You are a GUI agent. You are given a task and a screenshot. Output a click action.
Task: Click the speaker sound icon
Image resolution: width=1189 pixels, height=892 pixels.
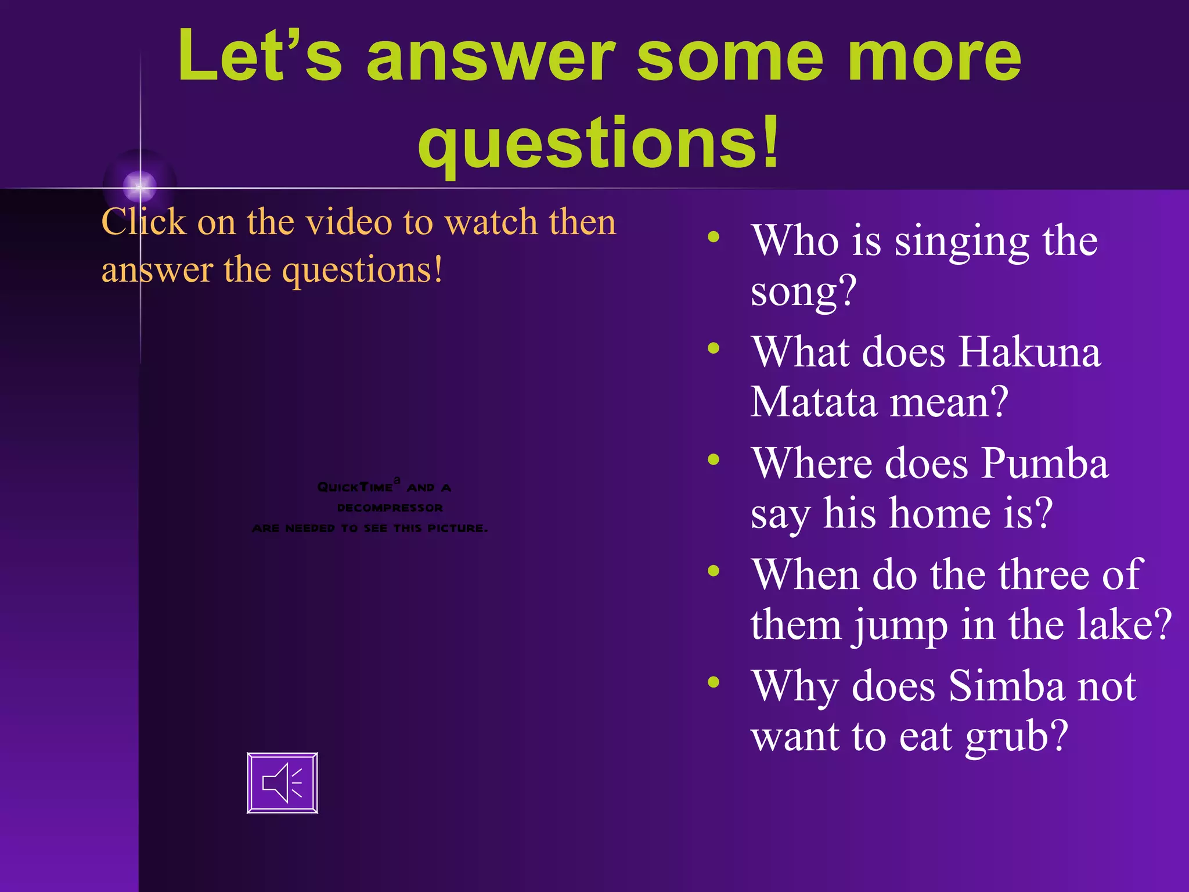tap(282, 782)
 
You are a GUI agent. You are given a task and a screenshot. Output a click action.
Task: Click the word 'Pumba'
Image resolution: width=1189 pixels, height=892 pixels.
tap(1045, 464)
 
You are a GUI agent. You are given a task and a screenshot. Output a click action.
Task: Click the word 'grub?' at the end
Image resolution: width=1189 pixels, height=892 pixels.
tap(1017, 736)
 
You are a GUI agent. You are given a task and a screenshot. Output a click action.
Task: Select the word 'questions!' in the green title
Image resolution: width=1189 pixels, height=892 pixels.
tap(598, 142)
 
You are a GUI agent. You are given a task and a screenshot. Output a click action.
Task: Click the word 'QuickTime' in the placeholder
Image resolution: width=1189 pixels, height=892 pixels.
tap(355, 487)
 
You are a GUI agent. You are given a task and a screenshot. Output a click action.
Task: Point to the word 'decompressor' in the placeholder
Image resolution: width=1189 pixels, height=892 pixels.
tap(390, 508)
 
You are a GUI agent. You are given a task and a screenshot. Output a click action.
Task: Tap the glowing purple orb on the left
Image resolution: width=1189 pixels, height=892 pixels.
tap(140, 185)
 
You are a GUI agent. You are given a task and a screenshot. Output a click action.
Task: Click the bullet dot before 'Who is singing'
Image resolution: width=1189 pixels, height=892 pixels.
tap(714, 236)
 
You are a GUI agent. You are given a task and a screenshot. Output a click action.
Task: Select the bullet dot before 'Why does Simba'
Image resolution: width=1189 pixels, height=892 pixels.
tap(714, 682)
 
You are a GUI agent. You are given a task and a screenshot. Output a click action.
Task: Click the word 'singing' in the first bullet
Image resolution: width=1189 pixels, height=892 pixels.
tap(961, 242)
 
